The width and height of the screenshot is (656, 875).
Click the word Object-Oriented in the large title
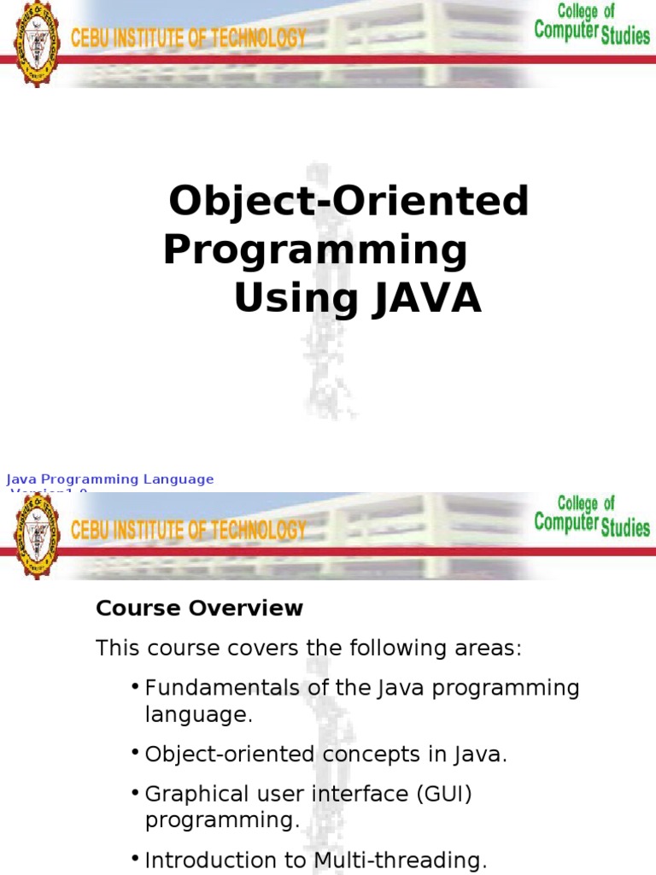coord(348,202)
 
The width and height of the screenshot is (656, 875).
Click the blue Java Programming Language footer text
coord(110,479)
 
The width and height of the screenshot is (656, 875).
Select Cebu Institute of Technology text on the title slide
coord(188,38)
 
